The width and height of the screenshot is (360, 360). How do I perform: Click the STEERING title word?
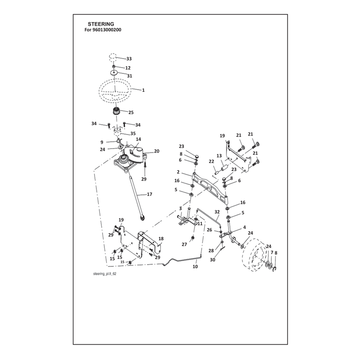[x=101, y=24]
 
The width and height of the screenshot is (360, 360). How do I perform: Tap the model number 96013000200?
[x=107, y=30]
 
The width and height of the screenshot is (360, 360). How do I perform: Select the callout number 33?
[x=129, y=59]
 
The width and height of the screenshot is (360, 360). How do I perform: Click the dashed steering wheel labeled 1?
[x=115, y=90]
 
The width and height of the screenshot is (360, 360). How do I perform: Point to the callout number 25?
[x=131, y=112]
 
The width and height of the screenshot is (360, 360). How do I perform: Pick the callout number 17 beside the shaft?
[x=149, y=194]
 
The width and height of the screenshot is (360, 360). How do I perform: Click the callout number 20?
[x=157, y=151]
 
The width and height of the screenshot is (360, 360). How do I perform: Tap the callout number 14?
[x=139, y=139]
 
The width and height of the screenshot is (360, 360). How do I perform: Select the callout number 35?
[x=133, y=133]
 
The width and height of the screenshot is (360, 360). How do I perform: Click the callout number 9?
[x=102, y=142]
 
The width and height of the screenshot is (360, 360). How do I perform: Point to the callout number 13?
[x=219, y=156]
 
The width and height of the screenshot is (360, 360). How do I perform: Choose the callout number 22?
[x=211, y=162]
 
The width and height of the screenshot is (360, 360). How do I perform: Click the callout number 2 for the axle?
[x=178, y=172]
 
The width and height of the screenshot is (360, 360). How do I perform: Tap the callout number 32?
[x=217, y=212]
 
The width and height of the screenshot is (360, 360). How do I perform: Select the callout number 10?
[x=195, y=266]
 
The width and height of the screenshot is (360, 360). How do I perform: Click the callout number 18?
[x=161, y=239]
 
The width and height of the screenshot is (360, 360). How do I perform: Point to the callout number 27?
[x=184, y=244]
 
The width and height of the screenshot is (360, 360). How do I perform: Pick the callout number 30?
[x=212, y=260]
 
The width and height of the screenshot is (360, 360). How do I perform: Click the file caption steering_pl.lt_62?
[x=105, y=274]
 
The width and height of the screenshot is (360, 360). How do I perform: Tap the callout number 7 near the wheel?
[x=272, y=252]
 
